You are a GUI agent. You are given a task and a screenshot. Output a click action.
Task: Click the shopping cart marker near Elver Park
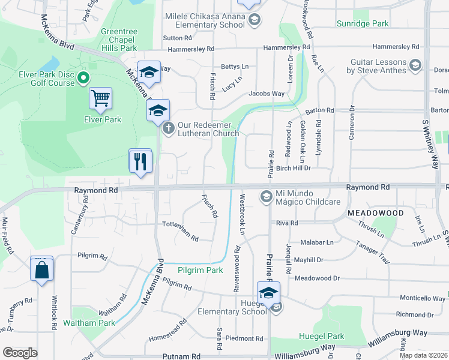pos(100,98)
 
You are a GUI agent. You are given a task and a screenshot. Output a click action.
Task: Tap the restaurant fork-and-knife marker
pos(140,161)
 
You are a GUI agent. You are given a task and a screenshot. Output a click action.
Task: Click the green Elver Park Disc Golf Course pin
pos(83,79)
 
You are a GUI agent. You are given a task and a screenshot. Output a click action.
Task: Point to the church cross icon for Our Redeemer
pos(169,127)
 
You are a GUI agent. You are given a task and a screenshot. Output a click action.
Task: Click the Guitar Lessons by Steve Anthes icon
pos(414,65)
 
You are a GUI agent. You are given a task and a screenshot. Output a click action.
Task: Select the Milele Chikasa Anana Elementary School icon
pos(254,21)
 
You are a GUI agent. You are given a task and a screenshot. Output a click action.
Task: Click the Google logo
pos(20,353)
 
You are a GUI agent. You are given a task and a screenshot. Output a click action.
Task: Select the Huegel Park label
pos(324,337)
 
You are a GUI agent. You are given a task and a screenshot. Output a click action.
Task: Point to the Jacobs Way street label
pos(267,94)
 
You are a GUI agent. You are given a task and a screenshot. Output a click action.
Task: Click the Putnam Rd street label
pos(180,356)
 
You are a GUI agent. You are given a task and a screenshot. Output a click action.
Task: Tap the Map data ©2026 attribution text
pos(423,355)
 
